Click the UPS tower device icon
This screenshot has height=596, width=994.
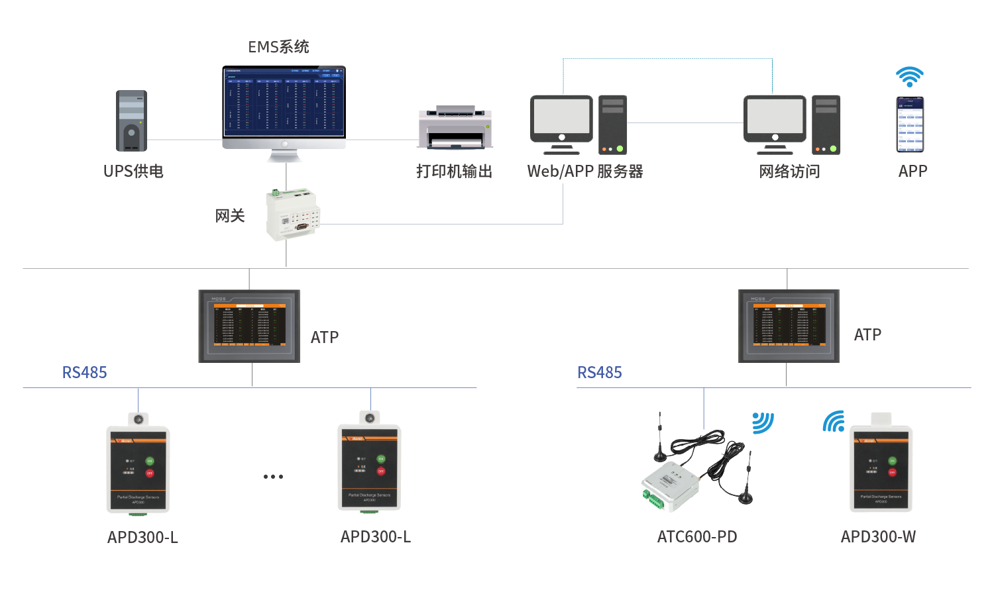pos(131,121)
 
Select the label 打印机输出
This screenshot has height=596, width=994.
pos(454,172)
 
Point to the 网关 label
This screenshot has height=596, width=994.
pos(230,216)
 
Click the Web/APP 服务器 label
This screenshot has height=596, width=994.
pos(585,172)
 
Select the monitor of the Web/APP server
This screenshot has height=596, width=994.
pos(561,120)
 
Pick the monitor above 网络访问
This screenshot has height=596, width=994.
pos(775,120)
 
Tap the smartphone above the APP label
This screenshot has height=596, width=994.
pos(910,124)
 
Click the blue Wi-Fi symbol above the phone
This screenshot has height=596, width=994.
pos(910,76)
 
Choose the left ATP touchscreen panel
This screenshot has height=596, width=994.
pos(249,326)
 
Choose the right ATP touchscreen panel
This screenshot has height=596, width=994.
pos(789,326)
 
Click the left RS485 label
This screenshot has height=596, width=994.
pos(84,373)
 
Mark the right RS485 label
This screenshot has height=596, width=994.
pos(600,373)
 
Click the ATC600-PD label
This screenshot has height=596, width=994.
pos(697,536)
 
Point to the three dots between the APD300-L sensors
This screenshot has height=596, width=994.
pos(273,476)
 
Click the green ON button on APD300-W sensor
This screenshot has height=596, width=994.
pos(892,460)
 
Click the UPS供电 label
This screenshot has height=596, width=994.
pos(133,172)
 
